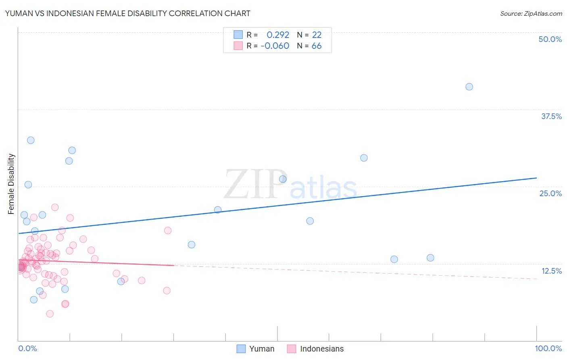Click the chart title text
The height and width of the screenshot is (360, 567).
(x=127, y=13)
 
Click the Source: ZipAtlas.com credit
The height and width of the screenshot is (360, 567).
(x=531, y=13)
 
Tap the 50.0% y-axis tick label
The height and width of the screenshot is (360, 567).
(x=550, y=39)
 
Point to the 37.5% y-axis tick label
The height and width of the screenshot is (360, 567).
(x=551, y=116)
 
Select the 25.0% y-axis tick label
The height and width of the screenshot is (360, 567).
(x=550, y=193)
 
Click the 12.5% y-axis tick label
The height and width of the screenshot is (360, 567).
(x=551, y=271)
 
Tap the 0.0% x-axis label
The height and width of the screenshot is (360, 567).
(x=27, y=348)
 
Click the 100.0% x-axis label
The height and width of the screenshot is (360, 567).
(x=548, y=348)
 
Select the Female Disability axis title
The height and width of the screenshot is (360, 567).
(x=11, y=184)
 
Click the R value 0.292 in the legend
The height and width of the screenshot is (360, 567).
(x=278, y=35)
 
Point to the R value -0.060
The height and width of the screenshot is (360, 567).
(x=275, y=46)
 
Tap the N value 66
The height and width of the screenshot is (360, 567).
(x=317, y=46)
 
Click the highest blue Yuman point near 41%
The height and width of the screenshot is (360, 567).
(x=469, y=87)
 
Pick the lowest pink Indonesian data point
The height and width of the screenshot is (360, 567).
(x=50, y=314)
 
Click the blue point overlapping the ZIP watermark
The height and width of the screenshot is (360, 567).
(x=283, y=179)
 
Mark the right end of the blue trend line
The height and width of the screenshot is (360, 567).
(x=536, y=178)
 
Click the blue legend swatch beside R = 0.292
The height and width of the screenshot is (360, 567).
(x=238, y=35)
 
